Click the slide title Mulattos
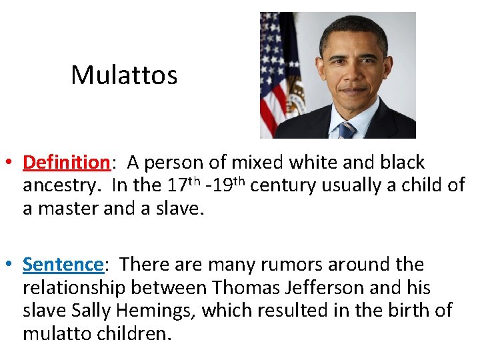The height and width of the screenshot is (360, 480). pos(124,75)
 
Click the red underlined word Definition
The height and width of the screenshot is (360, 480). pos(66,162)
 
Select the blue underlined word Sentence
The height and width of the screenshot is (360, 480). pos(63,264)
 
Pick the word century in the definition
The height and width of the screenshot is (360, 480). pos(284,185)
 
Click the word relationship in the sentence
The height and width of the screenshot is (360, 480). pos(71,288)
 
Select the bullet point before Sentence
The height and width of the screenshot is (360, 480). pos(10,265)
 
